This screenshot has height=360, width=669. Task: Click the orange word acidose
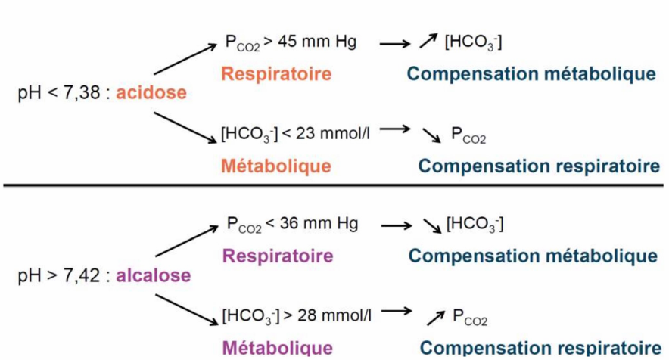[x=151, y=94]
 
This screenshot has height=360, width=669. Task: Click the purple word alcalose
[x=153, y=275]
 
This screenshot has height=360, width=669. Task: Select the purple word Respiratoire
[x=276, y=256]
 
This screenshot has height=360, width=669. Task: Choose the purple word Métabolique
[x=276, y=347]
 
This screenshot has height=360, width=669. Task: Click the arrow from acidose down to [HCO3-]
[x=184, y=127]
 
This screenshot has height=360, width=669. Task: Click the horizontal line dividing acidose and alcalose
[x=333, y=185]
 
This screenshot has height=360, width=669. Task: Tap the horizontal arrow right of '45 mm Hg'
[x=394, y=44]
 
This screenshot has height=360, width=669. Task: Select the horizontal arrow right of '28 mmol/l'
[x=396, y=312]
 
